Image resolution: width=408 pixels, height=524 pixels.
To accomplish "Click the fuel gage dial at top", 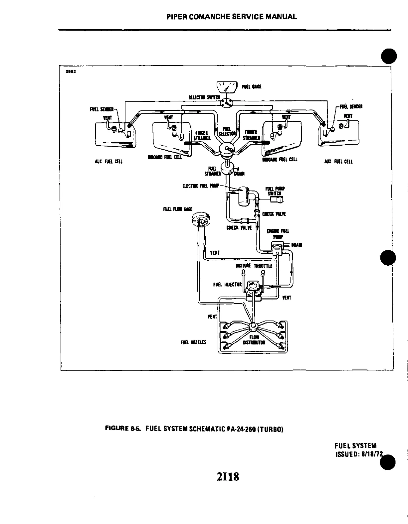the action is [x=227, y=87].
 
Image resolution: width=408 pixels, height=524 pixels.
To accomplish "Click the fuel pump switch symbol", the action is [x=277, y=199].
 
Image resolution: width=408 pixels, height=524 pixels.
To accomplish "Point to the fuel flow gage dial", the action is [x=201, y=220].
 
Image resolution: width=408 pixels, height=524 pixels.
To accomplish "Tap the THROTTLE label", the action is [x=263, y=266].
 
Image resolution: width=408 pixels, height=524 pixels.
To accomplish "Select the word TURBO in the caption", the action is [x=271, y=429].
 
